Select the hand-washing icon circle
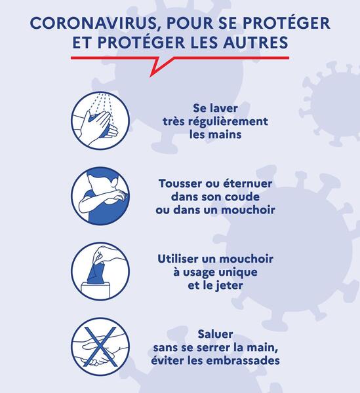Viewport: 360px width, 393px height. click(100, 121)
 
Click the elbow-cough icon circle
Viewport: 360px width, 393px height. click(100, 196)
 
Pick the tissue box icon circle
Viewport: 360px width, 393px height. click(100, 271)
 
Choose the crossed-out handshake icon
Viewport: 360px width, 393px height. click(100, 346)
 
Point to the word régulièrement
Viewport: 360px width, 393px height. click(228, 122)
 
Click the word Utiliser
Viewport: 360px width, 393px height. click(178, 259)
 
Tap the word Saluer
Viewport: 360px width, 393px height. click(215, 334)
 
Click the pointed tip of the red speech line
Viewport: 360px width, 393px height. click(151, 77)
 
